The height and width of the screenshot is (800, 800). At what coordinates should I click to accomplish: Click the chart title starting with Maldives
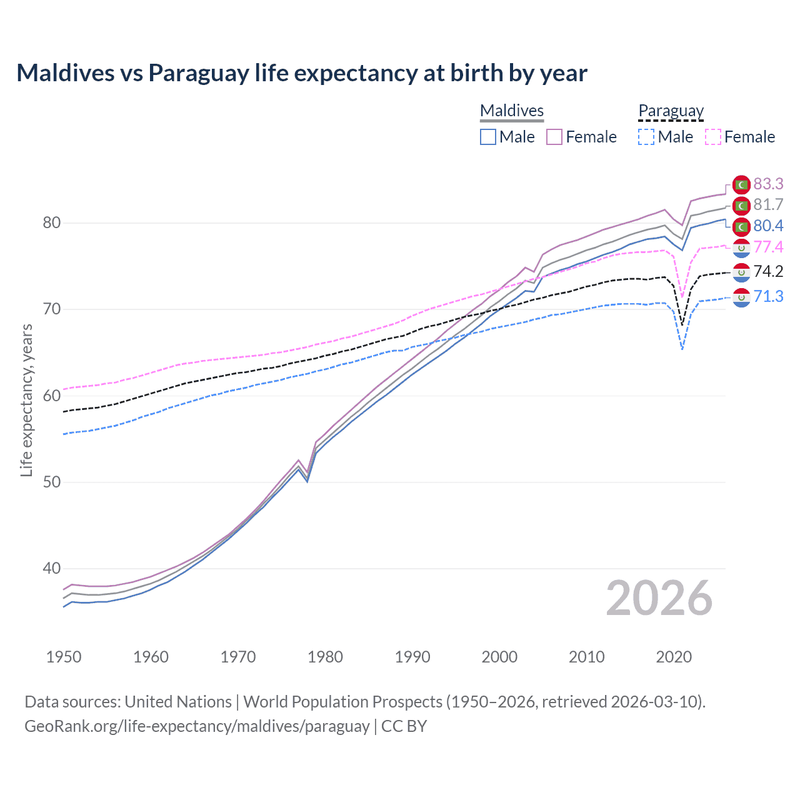302,73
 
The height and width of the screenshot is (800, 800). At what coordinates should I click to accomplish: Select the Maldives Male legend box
488,137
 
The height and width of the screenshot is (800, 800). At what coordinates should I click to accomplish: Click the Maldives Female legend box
554,137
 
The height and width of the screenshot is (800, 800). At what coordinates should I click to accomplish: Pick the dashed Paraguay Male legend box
646,137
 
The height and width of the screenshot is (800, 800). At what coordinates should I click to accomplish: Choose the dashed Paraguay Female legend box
713,137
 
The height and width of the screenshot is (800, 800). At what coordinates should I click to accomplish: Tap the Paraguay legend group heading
671,111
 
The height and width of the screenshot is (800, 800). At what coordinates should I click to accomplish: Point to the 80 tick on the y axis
52,223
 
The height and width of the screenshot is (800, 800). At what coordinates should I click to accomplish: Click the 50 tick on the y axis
52,482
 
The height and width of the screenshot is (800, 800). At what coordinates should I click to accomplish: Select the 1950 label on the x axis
64,657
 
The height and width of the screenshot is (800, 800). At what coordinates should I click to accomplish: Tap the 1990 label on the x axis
412,657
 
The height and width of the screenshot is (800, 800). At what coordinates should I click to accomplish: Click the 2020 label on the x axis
674,657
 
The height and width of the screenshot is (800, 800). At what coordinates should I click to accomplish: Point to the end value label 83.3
768,184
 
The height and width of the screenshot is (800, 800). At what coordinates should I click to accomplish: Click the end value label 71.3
768,296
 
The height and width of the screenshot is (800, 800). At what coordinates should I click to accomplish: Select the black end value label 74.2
768,271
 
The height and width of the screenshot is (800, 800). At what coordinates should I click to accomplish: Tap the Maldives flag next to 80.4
741,226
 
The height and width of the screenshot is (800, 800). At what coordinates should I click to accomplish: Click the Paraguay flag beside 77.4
741,248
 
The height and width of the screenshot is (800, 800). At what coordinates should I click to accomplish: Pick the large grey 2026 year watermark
659,598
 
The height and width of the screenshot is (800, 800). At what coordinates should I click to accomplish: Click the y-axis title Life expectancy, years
26,400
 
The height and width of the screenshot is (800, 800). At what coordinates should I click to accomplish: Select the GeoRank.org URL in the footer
197,726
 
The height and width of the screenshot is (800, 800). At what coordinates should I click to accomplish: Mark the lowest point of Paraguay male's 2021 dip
682,349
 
